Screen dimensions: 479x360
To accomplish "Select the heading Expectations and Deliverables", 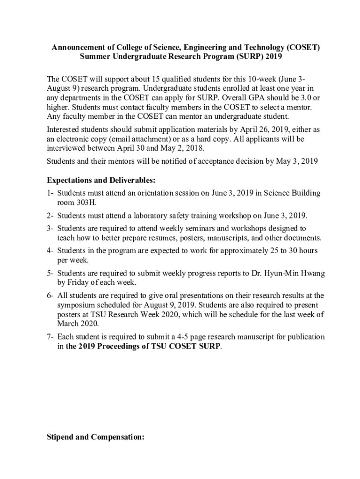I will pos(101,180).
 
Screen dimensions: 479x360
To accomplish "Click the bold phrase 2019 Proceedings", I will pos(107,346).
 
